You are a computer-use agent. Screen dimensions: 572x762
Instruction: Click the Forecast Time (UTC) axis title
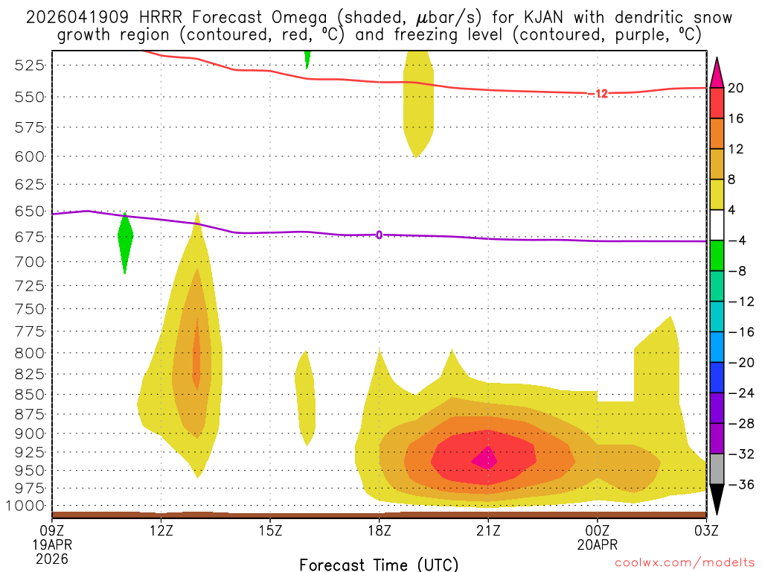379,564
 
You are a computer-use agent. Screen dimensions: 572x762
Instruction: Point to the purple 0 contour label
379,235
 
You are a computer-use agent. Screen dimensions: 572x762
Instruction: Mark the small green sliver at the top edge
307,58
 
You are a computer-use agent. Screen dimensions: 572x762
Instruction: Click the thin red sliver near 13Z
196,354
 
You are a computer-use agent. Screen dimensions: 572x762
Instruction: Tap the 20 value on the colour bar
736,88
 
